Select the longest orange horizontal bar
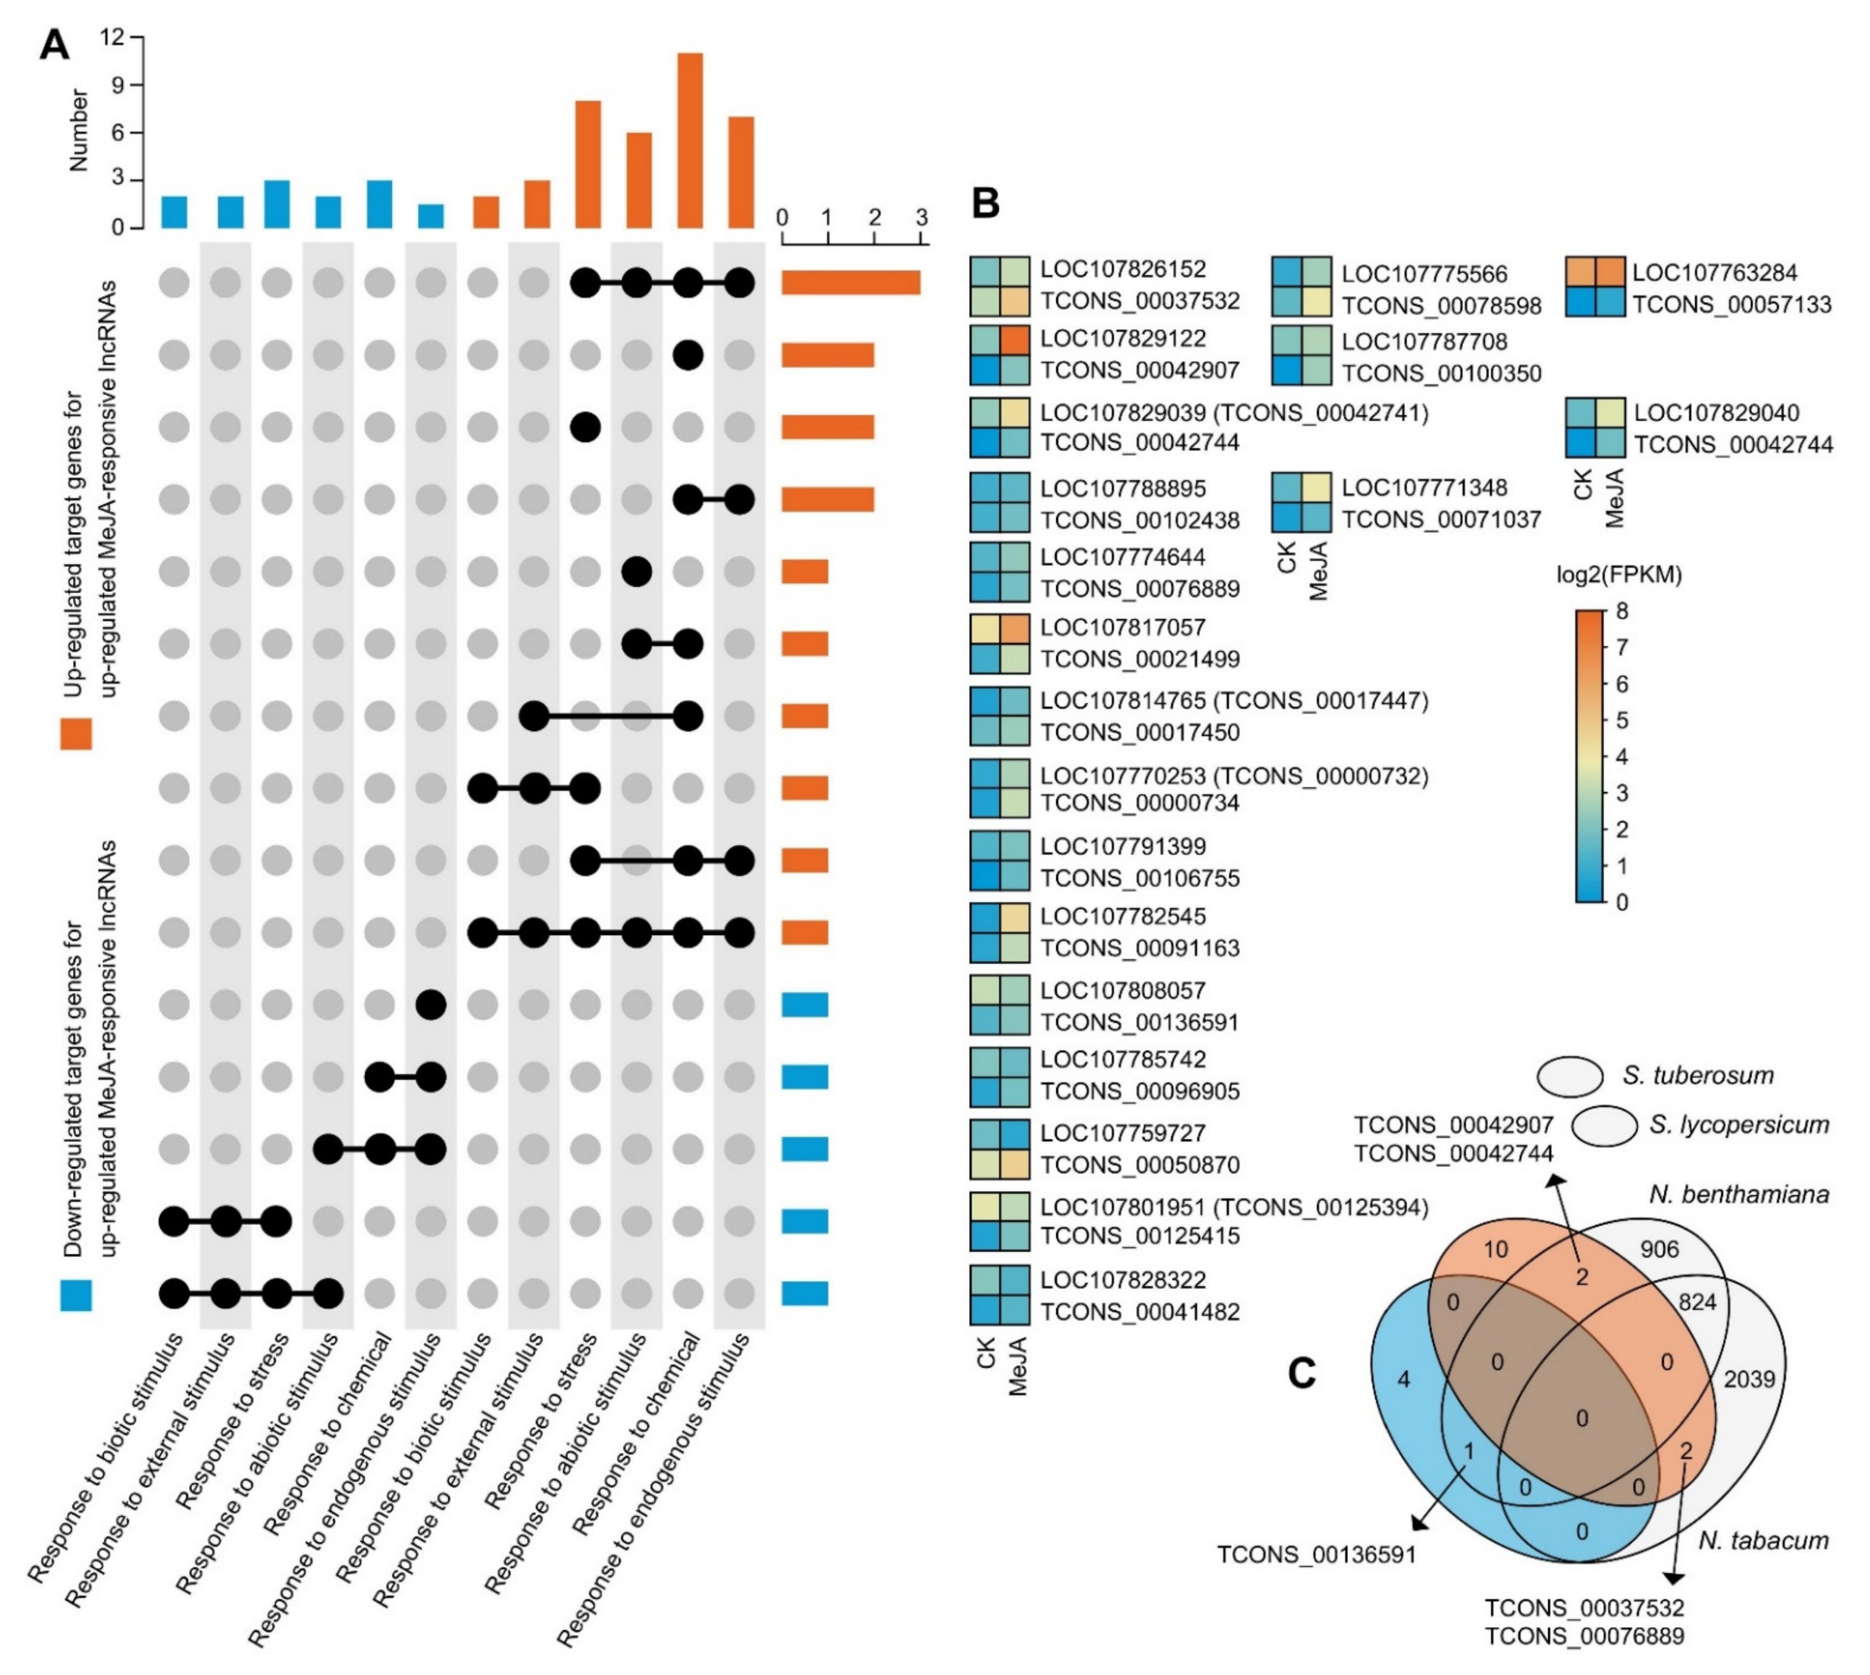tap(850, 283)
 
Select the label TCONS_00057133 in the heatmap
tap(1732, 305)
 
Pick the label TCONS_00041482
tap(1139, 1312)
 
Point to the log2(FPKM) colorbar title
tap(1619, 575)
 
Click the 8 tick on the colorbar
tap(1621, 611)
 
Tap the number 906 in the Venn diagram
tap(1659, 1249)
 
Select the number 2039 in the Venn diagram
tap(1749, 1379)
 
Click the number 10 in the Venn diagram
tap(1496, 1249)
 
